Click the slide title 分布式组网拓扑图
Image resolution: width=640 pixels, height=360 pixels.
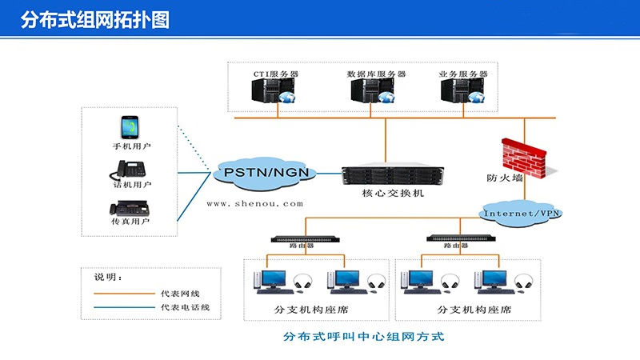pos(95,20)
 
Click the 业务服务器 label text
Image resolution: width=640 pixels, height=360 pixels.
pos(462,74)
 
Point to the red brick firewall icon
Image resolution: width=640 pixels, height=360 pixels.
pos(523,155)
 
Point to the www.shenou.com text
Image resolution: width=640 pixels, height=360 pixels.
pos(255,203)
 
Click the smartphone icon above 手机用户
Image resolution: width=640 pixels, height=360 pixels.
pos(130,128)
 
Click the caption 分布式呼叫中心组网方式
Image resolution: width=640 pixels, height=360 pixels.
pos(363,337)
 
